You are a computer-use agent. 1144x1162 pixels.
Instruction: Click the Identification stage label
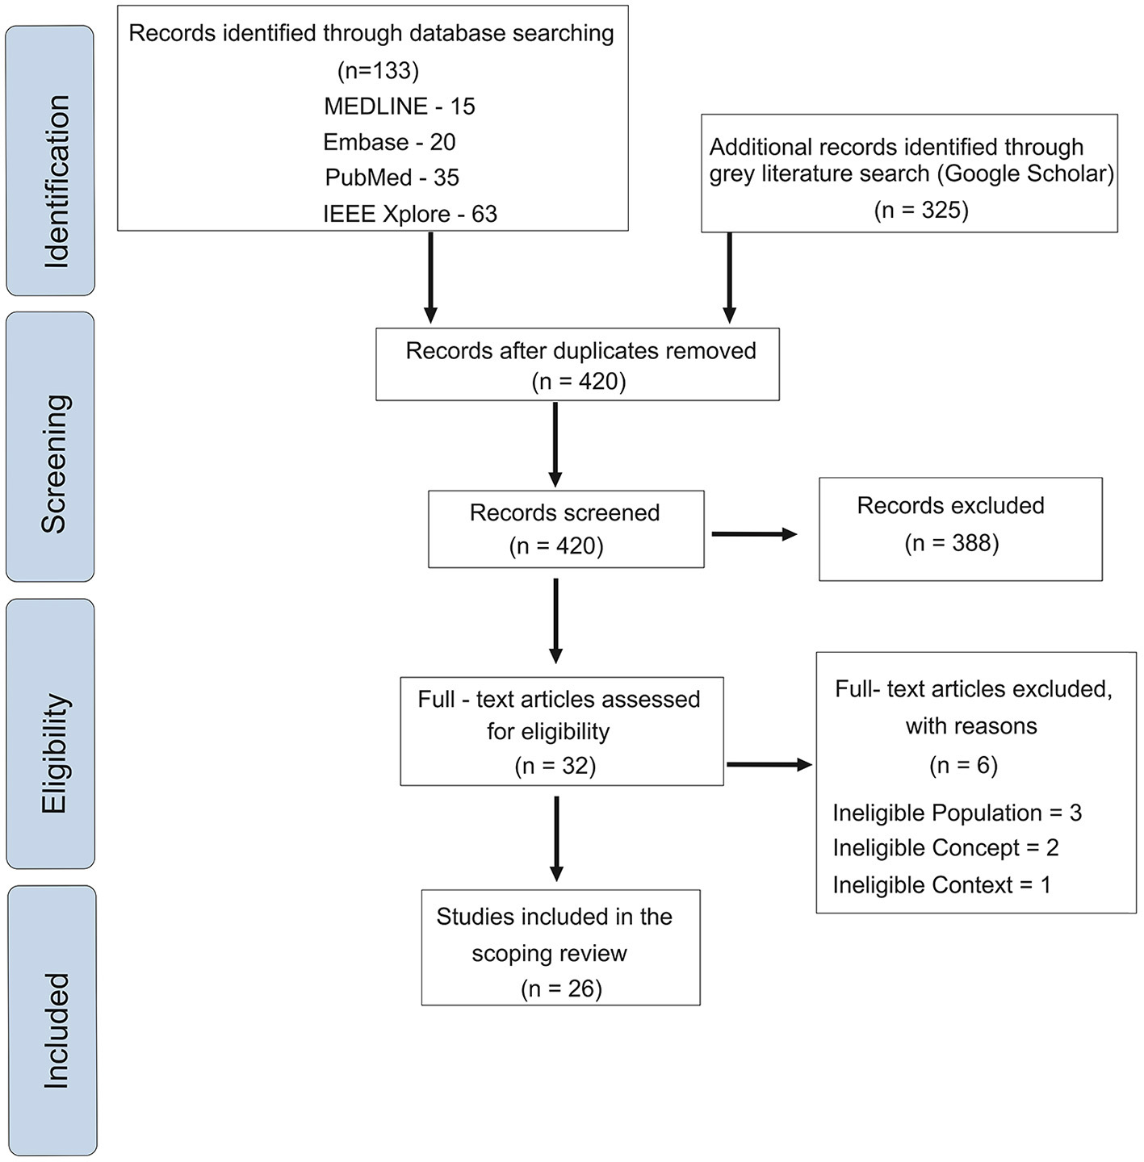[57, 181]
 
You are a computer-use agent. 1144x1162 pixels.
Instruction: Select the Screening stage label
[55, 464]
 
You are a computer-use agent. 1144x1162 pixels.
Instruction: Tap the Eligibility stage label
[55, 753]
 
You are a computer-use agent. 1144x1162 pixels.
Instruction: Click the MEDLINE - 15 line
[400, 107]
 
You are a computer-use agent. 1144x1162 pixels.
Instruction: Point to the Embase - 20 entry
[389, 142]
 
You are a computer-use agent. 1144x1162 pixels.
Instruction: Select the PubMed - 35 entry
[392, 178]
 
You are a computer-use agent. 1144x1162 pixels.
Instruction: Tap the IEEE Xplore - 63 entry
[410, 214]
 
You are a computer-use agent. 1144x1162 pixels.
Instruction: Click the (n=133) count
[378, 71]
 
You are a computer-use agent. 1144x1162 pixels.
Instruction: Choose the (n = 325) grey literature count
[921, 210]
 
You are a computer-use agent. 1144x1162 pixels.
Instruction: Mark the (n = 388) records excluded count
[952, 543]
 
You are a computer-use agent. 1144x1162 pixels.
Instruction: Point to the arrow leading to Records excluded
[754, 534]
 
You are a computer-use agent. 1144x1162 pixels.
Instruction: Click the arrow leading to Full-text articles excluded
[769, 765]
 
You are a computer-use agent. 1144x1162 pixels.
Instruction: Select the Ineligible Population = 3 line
[957, 813]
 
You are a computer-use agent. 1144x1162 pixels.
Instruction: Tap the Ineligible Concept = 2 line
[945, 848]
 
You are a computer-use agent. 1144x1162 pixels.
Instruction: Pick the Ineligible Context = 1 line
[941, 885]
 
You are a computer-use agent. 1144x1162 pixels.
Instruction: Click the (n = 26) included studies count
[562, 989]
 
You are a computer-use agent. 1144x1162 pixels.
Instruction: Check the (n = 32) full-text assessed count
[555, 765]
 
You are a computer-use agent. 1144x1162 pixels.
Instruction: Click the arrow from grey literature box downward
[730, 278]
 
